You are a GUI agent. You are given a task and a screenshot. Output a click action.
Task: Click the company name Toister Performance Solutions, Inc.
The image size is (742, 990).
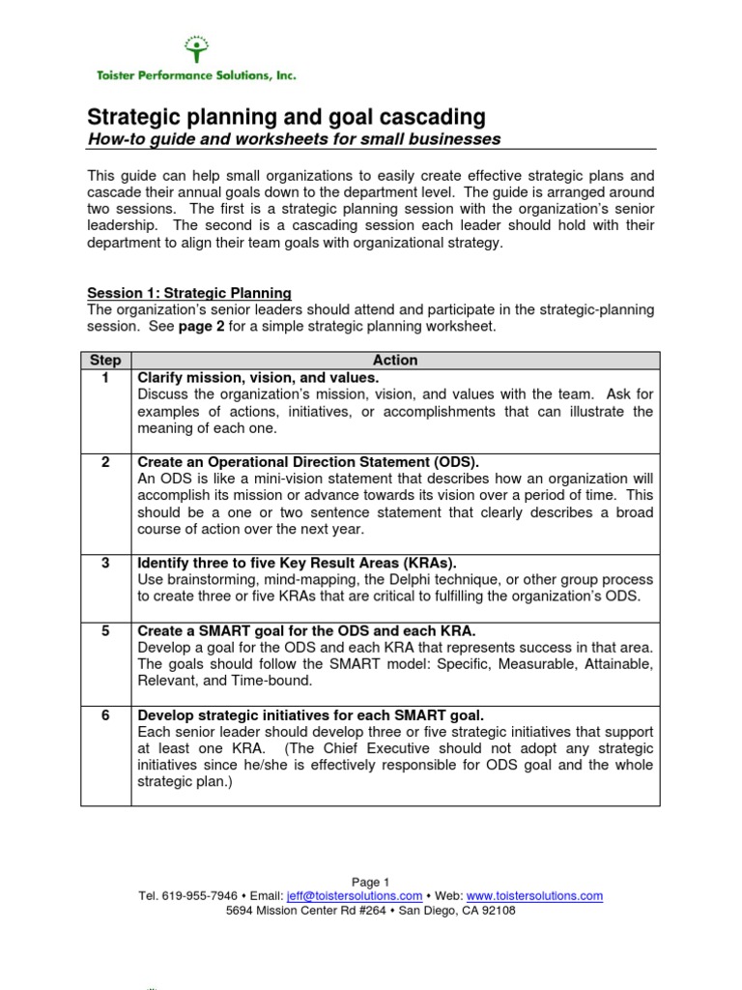click(x=194, y=74)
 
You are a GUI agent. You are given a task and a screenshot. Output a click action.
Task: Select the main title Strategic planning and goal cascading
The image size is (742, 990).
click(x=287, y=117)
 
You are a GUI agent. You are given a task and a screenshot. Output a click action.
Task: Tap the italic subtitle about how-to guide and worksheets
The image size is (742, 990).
click(x=294, y=139)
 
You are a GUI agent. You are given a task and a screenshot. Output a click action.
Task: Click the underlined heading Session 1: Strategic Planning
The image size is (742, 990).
click(x=189, y=293)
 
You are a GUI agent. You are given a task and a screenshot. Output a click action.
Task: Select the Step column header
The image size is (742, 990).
click(x=105, y=360)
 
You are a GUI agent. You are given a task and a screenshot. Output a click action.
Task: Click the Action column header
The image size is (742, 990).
click(x=395, y=360)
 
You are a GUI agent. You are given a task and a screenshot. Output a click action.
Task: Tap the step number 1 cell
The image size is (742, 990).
click(x=105, y=378)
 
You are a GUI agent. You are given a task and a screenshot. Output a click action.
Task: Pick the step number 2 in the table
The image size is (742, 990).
click(x=105, y=461)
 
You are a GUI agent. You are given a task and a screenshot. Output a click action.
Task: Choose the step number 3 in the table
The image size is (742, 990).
click(x=105, y=563)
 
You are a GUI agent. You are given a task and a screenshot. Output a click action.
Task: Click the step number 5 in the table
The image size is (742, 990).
click(x=105, y=630)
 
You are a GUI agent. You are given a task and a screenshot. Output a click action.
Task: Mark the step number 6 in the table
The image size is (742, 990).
click(x=105, y=715)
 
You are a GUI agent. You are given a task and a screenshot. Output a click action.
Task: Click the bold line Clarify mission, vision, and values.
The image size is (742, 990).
click(x=259, y=378)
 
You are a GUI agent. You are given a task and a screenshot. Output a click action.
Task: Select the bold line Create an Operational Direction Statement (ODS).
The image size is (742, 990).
click(x=308, y=461)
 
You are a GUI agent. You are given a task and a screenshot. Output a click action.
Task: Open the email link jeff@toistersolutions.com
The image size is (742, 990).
click(x=361, y=896)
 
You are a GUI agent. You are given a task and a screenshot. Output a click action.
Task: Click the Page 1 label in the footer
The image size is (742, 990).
click(x=370, y=882)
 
